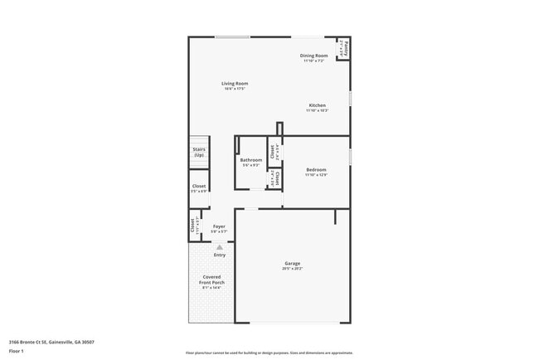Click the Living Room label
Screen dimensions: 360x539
pyautogui.click(x=235, y=83)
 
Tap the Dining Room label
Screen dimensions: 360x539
pyautogui.click(x=314, y=56)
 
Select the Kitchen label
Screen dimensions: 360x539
pyautogui.click(x=317, y=105)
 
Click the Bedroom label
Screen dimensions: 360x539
pyautogui.click(x=316, y=170)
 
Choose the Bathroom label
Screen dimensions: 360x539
pyautogui.click(x=251, y=160)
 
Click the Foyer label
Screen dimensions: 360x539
pyautogui.click(x=219, y=226)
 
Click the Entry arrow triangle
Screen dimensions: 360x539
pyautogui.click(x=220, y=247)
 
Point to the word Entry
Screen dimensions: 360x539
pyautogui.click(x=219, y=255)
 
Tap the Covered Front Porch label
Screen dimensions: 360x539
pyautogui.click(x=211, y=280)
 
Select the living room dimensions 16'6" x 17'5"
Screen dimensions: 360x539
pyautogui.click(x=235, y=89)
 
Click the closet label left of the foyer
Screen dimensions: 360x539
pyautogui.click(x=195, y=226)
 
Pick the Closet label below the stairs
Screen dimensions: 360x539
pyautogui.click(x=199, y=187)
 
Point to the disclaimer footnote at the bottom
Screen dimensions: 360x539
pyautogui.click(x=269, y=353)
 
